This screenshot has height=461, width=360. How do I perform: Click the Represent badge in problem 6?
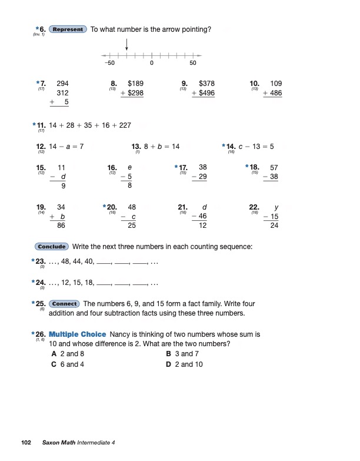(x=68, y=29)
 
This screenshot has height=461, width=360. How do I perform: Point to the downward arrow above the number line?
(x=127, y=45)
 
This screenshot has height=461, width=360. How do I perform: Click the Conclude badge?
(x=52, y=247)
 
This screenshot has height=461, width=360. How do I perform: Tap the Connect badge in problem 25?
(x=65, y=304)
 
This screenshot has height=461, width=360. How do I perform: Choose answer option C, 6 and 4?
(x=68, y=364)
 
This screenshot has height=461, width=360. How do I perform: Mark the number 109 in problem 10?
(x=275, y=84)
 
